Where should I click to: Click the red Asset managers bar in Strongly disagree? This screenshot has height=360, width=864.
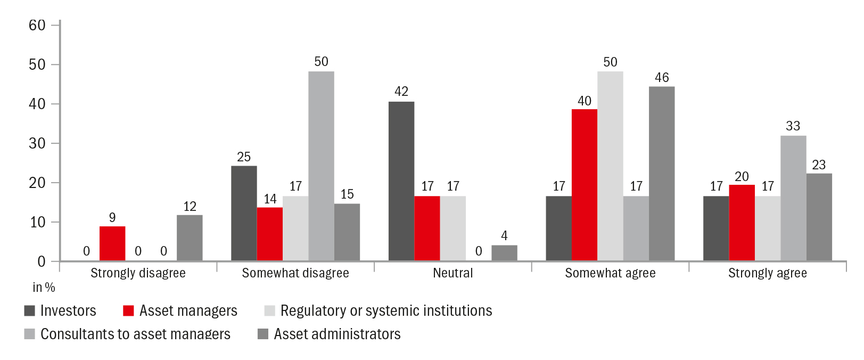pos(112,243)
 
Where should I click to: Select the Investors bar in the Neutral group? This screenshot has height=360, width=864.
pos(401,181)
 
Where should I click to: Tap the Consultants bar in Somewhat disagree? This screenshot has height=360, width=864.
pos(321,166)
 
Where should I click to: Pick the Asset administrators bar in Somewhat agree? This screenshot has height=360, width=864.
pos(662,174)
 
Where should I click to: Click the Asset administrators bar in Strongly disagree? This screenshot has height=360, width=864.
pos(190,238)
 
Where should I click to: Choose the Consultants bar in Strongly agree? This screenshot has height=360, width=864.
pos(793,198)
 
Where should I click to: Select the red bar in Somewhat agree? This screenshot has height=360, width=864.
pos(585,185)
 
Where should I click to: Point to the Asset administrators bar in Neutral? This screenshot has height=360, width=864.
pos(504,253)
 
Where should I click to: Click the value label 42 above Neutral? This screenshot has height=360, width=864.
pos(401,92)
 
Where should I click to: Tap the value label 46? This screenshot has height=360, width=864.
pos(662,78)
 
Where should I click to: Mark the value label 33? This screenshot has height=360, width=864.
pos(793,126)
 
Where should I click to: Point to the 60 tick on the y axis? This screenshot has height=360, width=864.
pos(37,25)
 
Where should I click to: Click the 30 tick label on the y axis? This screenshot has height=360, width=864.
pos(37,143)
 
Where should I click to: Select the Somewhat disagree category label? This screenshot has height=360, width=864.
pos(295,273)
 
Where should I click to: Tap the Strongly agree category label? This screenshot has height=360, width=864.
pos(767,273)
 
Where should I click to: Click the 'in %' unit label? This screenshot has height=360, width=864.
pos(44,288)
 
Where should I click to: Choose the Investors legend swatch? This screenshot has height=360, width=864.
pos(30,311)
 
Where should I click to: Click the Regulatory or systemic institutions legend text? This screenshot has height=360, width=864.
pos(386,311)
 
